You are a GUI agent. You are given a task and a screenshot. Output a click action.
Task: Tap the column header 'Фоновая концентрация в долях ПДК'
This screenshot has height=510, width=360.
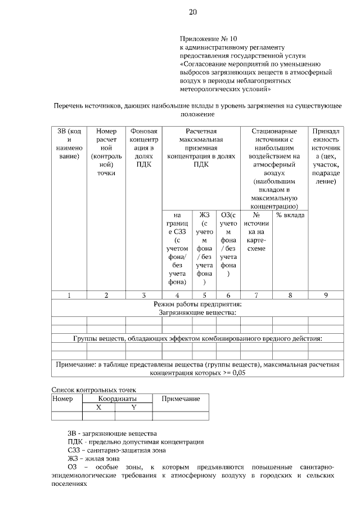point(144,147)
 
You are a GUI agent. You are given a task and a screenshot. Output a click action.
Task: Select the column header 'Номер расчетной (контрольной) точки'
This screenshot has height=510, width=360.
point(106,151)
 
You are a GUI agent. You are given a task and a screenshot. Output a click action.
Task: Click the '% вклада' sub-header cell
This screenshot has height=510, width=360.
point(290,215)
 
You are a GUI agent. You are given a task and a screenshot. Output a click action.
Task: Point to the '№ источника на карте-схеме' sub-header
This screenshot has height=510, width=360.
point(256,231)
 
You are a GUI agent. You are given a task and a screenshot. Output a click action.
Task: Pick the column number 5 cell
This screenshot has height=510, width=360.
point(204,295)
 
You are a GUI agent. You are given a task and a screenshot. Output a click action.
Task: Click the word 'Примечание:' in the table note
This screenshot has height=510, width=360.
point(75,365)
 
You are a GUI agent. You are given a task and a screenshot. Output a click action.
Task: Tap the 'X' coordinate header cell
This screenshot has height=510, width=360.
point(98,407)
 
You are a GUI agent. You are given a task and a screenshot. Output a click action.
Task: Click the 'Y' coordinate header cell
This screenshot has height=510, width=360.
point(134,407)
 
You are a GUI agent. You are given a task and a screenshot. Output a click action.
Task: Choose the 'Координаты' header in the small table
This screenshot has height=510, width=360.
point(117,399)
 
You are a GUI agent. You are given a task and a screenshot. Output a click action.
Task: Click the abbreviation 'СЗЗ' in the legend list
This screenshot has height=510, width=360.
point(74,450)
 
